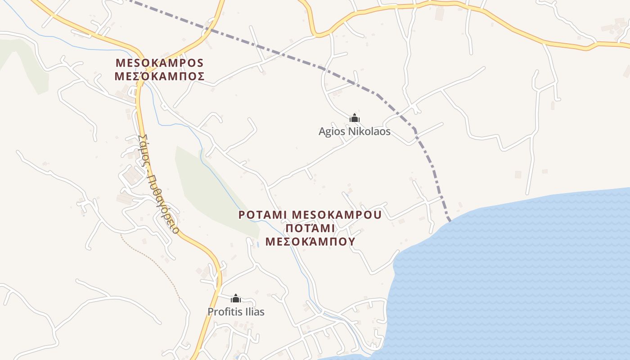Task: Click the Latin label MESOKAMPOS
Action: pyautogui.click(x=160, y=62)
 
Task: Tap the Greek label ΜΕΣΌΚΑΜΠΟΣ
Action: pyautogui.click(x=160, y=76)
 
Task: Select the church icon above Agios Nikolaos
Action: pyautogui.click(x=355, y=118)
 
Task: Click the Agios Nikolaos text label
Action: pyautogui.click(x=355, y=132)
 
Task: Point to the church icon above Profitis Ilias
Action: pyautogui.click(x=236, y=298)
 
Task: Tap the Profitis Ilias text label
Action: pyautogui.click(x=236, y=311)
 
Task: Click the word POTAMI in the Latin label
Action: pyautogui.click(x=262, y=214)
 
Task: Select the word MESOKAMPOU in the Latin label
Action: pyautogui.click(x=337, y=214)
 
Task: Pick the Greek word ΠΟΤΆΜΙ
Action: pyautogui.click(x=310, y=228)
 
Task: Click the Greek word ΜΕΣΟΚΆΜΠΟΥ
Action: pyautogui.click(x=310, y=242)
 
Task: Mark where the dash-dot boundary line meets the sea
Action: pyautogui.click(x=449, y=220)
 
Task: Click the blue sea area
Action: pyautogui.click(x=517, y=279)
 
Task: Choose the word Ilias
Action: pyautogui.click(x=254, y=311)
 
